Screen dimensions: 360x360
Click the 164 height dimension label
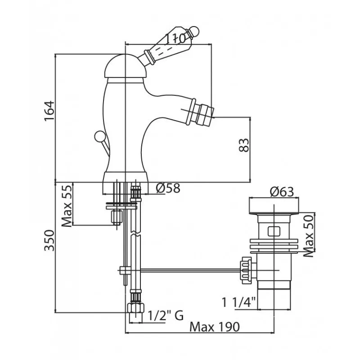pyautogui.click(x=49, y=110)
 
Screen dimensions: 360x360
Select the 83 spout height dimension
pyautogui.click(x=244, y=145)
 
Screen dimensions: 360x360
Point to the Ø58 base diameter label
pyautogui.click(x=168, y=189)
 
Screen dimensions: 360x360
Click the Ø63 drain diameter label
pyautogui.click(x=282, y=192)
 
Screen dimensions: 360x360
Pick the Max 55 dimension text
pyautogui.click(x=67, y=206)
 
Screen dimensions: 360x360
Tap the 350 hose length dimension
pyautogui.click(x=49, y=240)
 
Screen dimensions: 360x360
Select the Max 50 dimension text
pyautogui.click(x=309, y=236)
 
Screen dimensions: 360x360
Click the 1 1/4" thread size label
pyautogui.click(x=239, y=302)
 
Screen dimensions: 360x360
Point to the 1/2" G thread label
pyautogui.click(x=165, y=315)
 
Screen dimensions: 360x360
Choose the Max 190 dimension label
pyautogui.click(x=215, y=327)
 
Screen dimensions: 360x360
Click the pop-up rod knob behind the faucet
pyautogui.click(x=100, y=136)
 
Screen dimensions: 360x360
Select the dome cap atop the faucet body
pyautogui.click(x=126, y=66)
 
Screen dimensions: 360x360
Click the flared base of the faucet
pyautogui.click(x=126, y=183)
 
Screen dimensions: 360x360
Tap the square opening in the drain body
pyautogui.click(x=274, y=231)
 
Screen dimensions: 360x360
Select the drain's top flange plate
pyautogui.click(x=274, y=206)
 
